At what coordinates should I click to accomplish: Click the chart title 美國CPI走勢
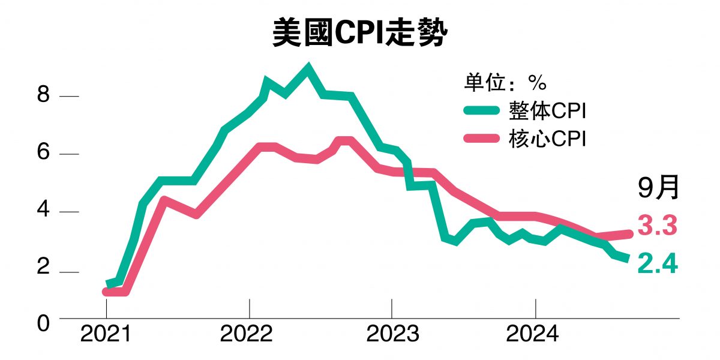(360, 34)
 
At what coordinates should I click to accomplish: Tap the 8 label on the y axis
(43, 96)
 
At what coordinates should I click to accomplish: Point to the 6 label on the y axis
(43, 154)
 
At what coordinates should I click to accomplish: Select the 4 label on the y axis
(43, 212)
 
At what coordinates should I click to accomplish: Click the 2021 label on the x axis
(106, 334)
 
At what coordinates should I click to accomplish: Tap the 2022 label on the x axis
(248, 334)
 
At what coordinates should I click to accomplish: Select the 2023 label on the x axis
(392, 334)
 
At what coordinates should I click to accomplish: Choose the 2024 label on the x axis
(533, 334)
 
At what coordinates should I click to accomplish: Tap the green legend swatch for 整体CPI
(481, 110)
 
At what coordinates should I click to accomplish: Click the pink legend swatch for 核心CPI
(481, 139)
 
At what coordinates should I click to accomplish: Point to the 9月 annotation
(658, 188)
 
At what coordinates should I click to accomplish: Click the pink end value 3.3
(657, 227)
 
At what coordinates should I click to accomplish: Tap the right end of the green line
(628, 259)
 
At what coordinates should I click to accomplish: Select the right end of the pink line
(630, 234)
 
